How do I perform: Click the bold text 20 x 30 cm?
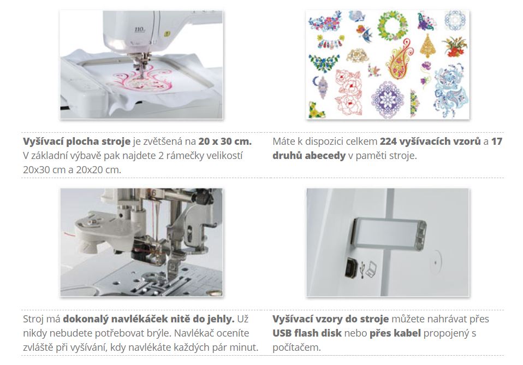225,142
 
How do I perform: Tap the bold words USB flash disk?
307,333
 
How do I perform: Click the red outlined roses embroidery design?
348,92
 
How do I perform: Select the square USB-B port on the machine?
351,268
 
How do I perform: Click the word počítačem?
296,348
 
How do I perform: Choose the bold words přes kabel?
395,333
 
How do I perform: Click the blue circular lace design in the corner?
455,20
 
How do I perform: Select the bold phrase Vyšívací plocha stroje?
77,142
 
